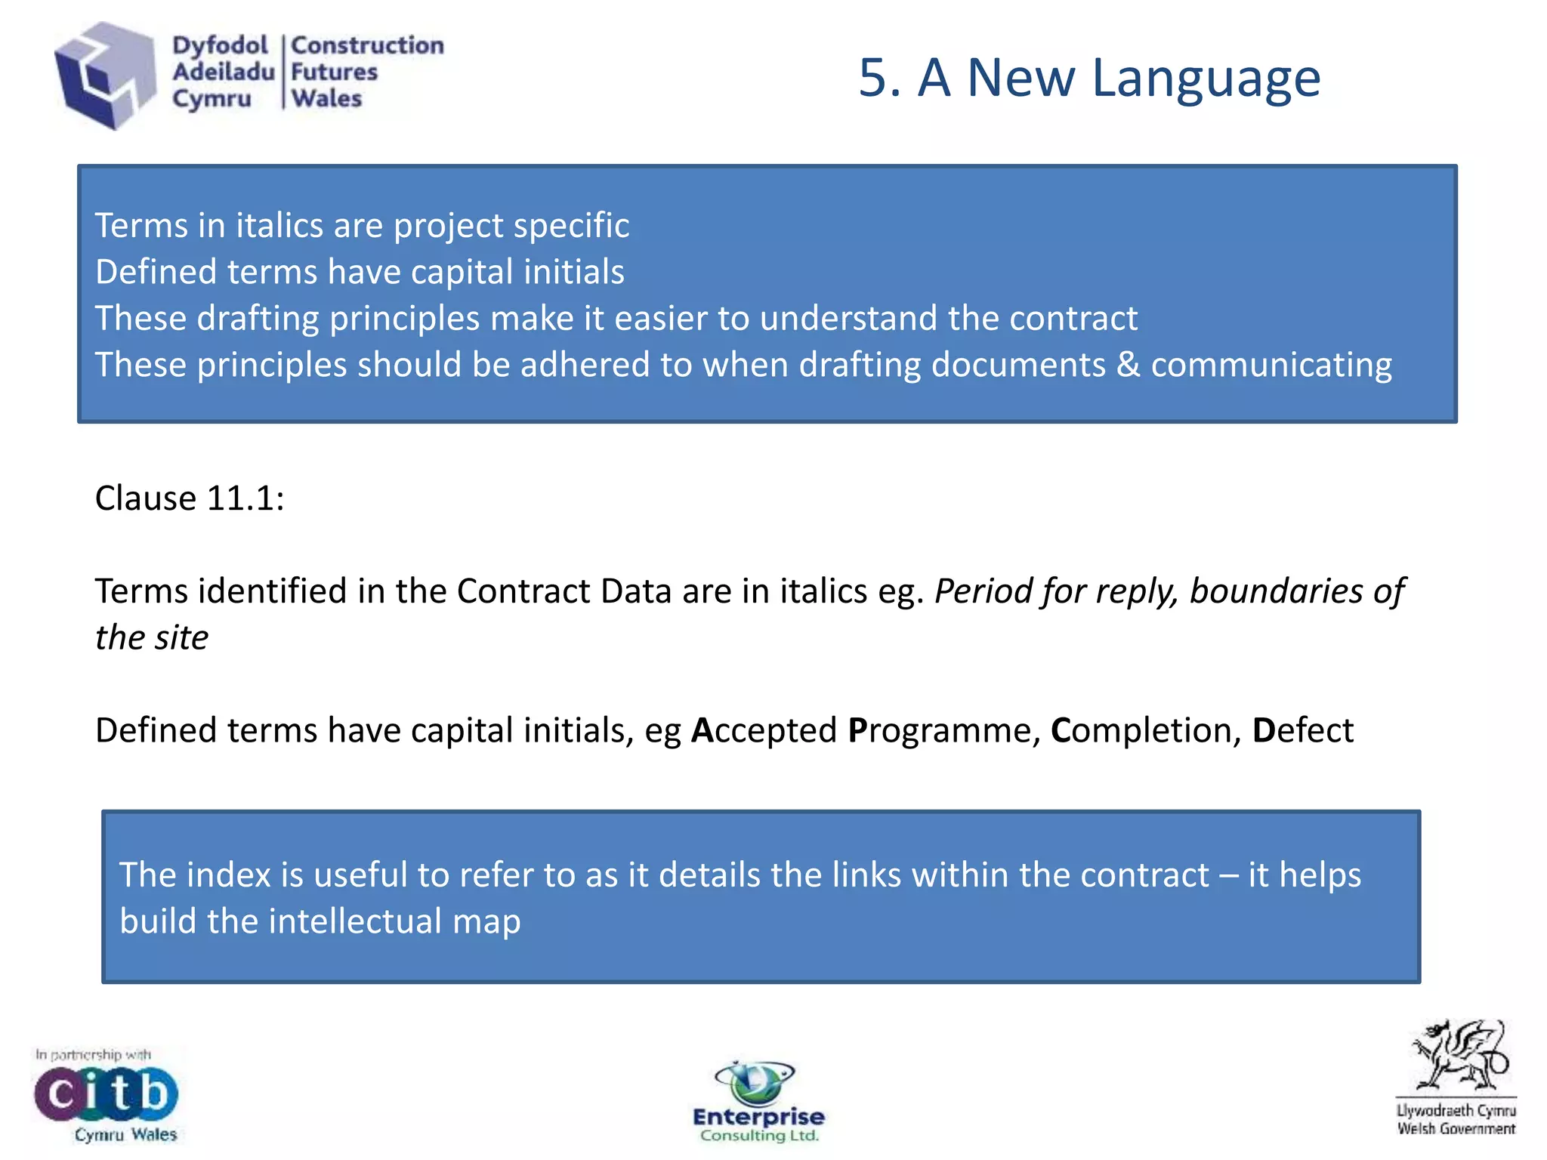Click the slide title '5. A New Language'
click(1089, 78)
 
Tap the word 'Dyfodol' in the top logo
click(220, 45)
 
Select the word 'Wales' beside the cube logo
click(326, 99)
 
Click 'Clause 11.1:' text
click(190, 498)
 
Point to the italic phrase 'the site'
click(152, 638)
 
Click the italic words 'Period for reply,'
click(1057, 591)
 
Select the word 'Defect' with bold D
click(1302, 730)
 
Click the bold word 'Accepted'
click(764, 730)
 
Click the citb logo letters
click(106, 1094)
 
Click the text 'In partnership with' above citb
click(93, 1054)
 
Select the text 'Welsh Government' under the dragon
click(1456, 1129)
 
